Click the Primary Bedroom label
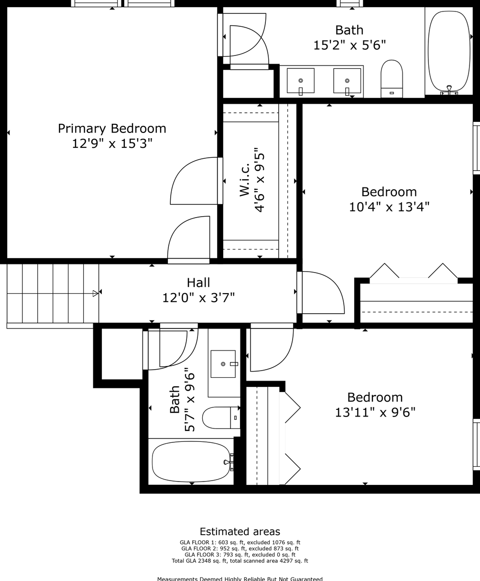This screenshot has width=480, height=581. click(112, 128)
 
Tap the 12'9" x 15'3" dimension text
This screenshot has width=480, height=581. click(112, 143)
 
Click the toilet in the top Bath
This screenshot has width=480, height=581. click(392, 78)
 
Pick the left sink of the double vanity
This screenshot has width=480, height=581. click(301, 81)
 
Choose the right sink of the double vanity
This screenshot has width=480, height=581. click(347, 81)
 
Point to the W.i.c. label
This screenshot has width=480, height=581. click(245, 179)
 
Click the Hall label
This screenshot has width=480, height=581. click(198, 283)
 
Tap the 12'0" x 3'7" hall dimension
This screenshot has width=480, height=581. click(198, 298)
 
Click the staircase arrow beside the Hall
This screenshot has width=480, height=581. click(96, 293)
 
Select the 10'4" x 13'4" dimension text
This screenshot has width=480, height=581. click(389, 207)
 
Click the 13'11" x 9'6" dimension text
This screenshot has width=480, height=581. click(375, 412)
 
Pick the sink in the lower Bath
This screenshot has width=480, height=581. click(224, 364)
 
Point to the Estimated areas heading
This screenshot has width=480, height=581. click(240, 531)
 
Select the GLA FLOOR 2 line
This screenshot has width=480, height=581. click(240, 548)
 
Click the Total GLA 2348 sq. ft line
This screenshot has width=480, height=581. click(240, 561)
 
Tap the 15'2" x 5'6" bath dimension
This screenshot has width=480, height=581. click(349, 45)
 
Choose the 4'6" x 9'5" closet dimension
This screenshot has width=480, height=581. click(260, 179)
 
